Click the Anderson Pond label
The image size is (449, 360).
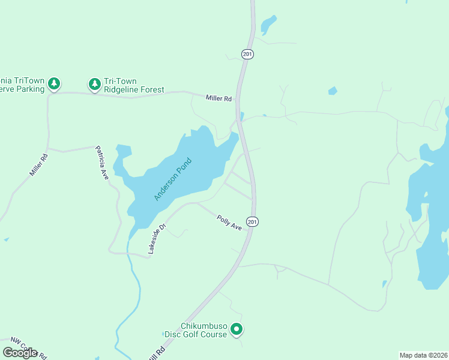(173, 179)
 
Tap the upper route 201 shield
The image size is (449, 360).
(248, 54)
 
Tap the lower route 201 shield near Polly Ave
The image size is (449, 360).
(253, 221)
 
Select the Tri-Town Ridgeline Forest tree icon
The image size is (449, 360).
(94, 84)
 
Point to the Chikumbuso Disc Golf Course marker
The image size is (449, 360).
(237, 329)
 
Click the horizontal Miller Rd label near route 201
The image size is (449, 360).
(218, 98)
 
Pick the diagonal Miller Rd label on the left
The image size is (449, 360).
(38, 165)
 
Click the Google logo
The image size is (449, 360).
(20, 352)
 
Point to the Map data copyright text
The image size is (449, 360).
(423, 355)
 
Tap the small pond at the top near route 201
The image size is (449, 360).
(268, 25)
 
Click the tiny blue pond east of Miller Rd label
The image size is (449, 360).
(333, 91)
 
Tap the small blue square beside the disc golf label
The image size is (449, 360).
(163, 334)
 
